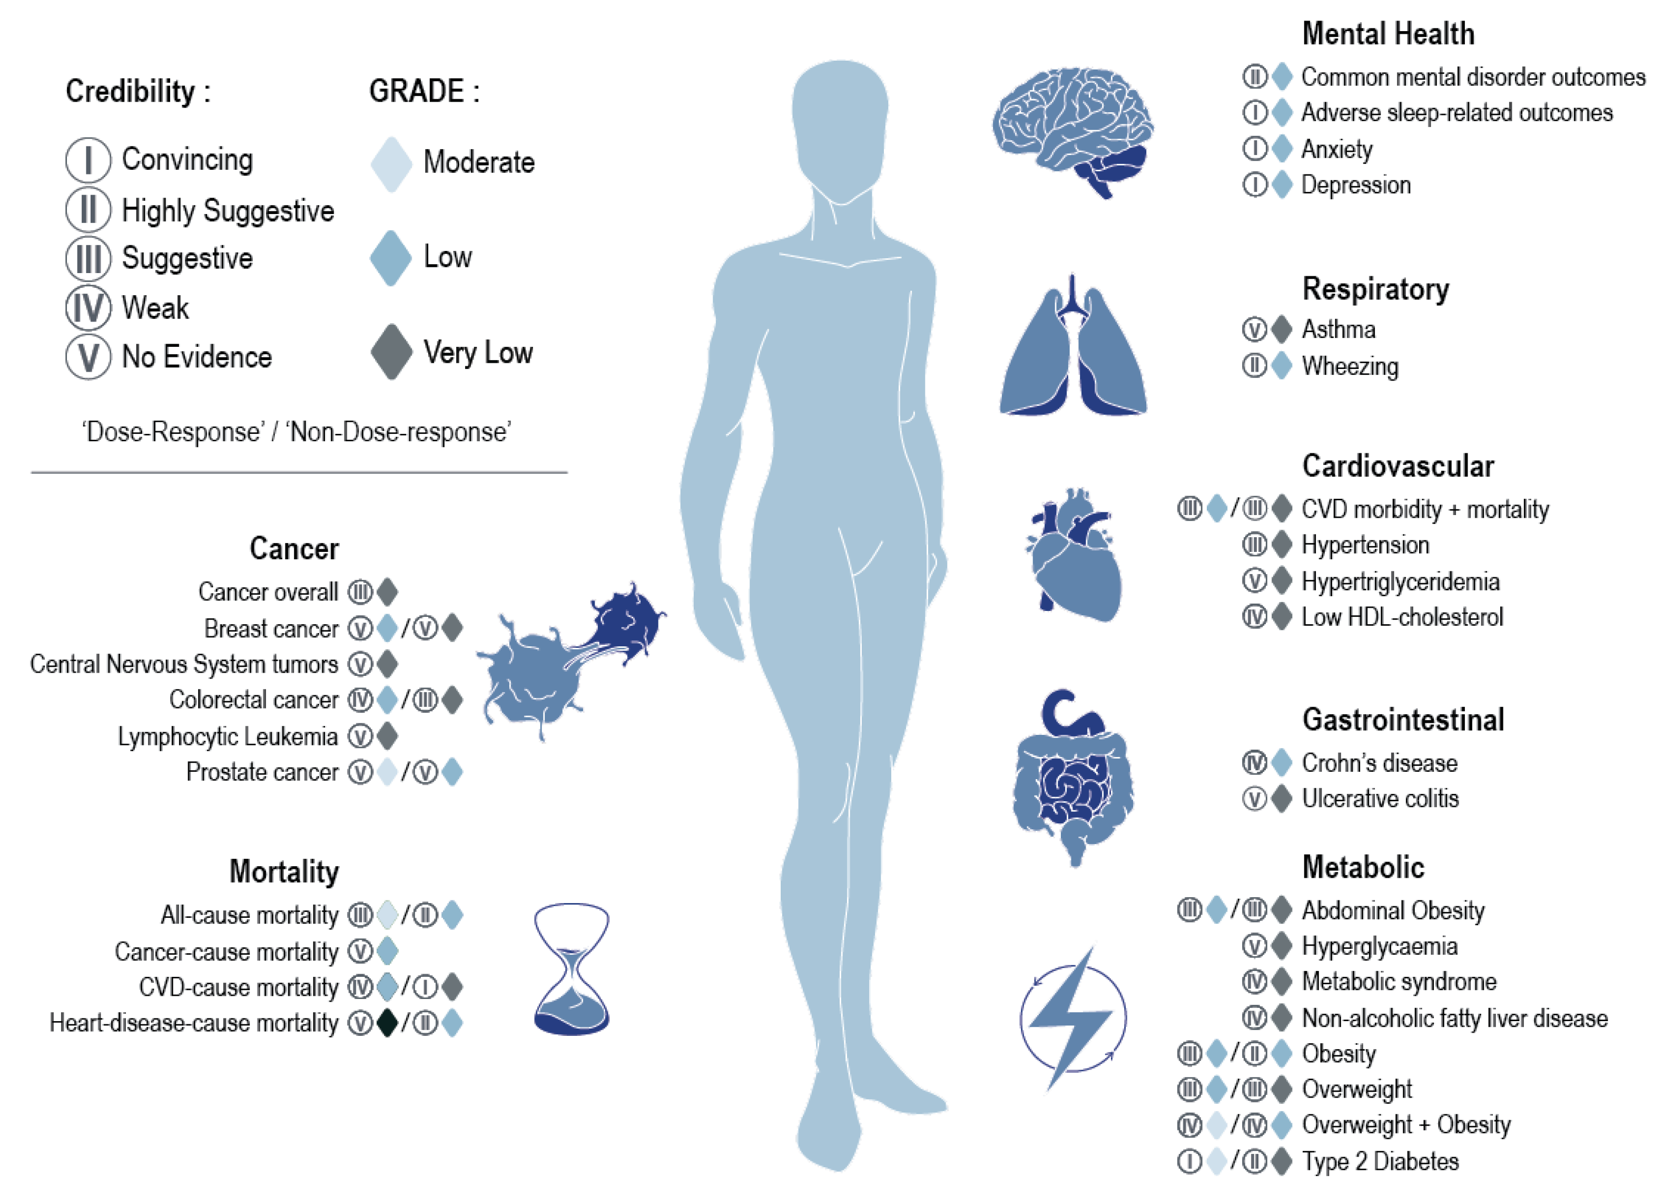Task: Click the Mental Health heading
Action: (x=1387, y=34)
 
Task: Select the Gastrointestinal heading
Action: (x=1402, y=720)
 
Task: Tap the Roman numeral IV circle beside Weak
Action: (x=88, y=308)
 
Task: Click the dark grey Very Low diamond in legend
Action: (x=391, y=352)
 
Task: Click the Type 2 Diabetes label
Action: (x=1380, y=1161)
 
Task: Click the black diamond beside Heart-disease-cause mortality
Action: (x=387, y=1023)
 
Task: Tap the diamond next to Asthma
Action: (x=1283, y=329)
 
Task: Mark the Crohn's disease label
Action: (x=1380, y=762)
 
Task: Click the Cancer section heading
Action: (x=293, y=548)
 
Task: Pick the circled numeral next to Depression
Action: (x=1254, y=185)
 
